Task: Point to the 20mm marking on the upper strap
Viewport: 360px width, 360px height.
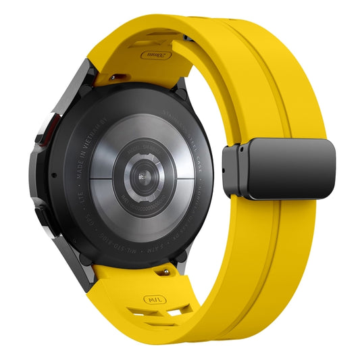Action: [156, 54]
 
